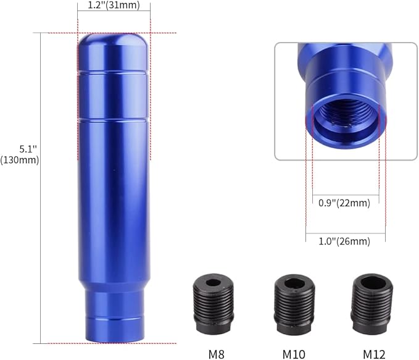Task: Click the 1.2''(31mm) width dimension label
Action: click(113, 6)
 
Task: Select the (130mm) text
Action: click(21, 160)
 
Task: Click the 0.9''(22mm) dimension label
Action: click(344, 203)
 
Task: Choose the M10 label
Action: click(294, 354)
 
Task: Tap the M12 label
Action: click(374, 354)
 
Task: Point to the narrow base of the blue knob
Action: click(112, 316)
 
